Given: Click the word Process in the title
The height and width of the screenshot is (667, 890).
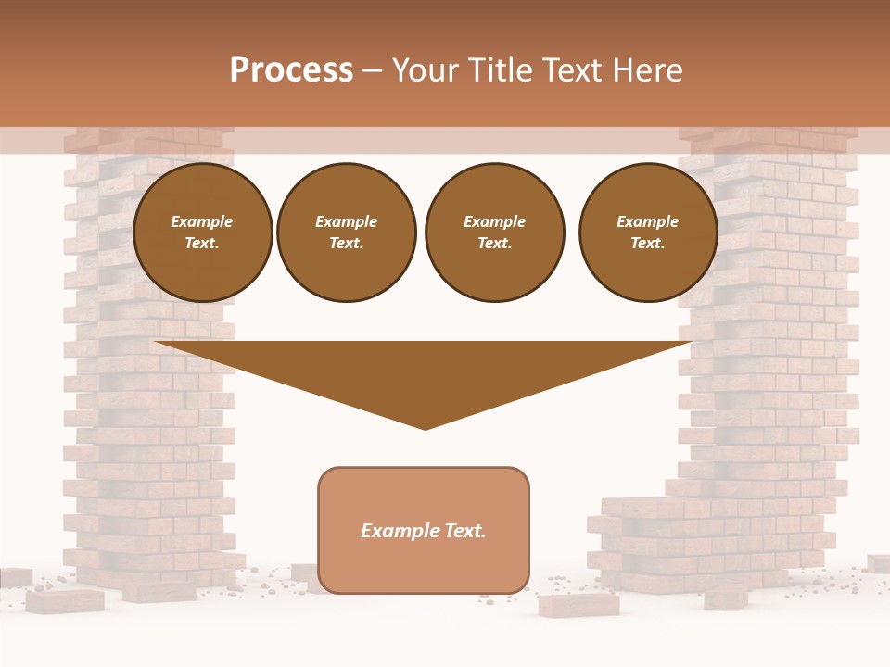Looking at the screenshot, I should click(x=291, y=70).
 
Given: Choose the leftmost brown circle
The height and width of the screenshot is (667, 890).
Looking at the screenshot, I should click(x=203, y=233).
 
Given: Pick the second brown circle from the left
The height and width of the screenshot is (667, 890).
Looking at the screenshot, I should click(x=347, y=233).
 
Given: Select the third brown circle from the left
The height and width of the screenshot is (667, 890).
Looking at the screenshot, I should click(x=494, y=233).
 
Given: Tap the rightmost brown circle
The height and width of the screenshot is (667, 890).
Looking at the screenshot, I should click(x=648, y=233).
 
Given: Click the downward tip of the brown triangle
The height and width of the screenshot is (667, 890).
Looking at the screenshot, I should click(x=426, y=425).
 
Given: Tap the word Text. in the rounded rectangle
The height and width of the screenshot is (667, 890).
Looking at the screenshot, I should click(x=464, y=531).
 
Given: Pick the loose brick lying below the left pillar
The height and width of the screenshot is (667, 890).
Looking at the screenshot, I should click(x=65, y=601).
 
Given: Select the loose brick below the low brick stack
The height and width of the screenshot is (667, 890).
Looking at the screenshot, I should click(x=578, y=606).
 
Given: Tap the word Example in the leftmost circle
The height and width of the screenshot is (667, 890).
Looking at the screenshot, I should click(x=202, y=222).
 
